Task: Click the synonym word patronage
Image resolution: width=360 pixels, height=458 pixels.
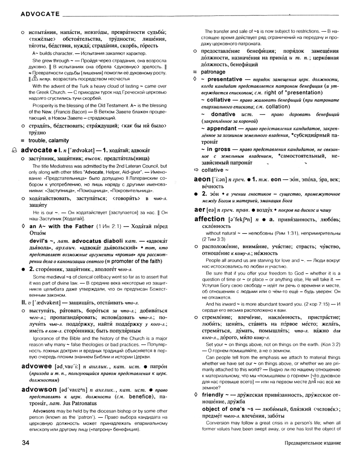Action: click(x=214, y=72)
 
